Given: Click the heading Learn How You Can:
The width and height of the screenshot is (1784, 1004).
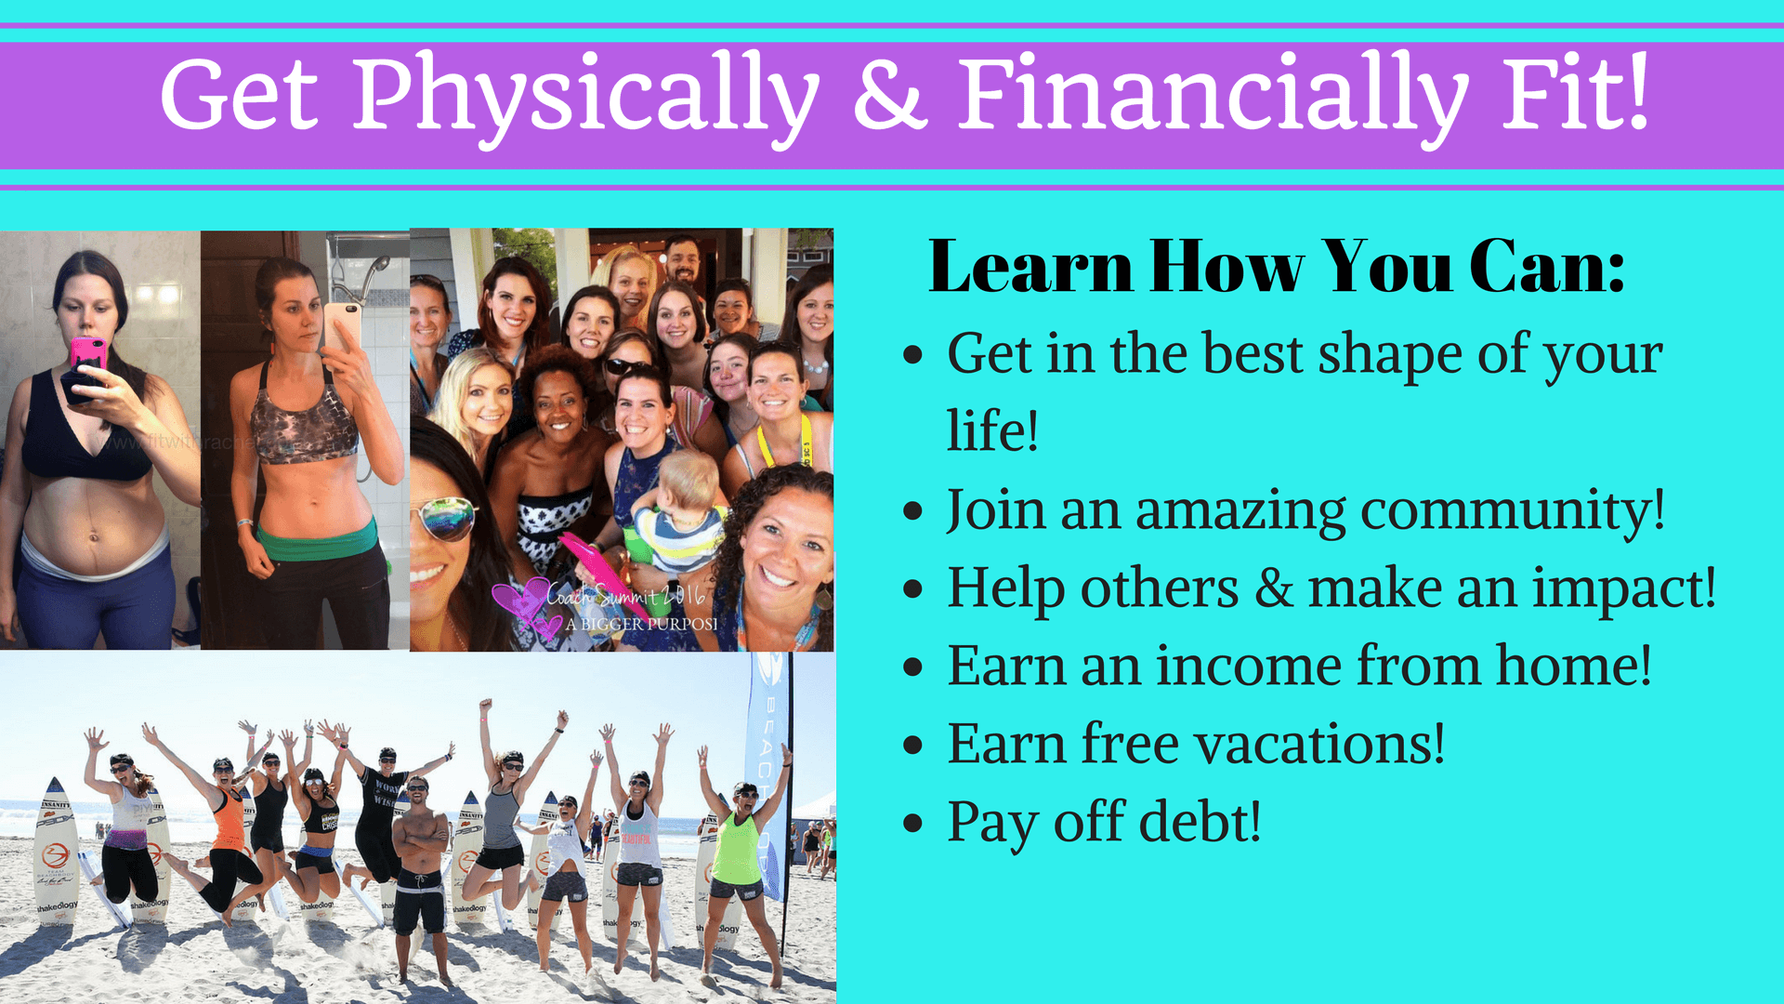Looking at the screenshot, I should pos(1277,267).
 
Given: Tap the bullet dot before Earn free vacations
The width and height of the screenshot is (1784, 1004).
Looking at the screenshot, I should pos(913,746).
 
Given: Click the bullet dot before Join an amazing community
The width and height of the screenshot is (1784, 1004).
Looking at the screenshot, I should pos(913,511).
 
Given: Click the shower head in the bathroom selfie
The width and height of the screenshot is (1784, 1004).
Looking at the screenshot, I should pos(374,270).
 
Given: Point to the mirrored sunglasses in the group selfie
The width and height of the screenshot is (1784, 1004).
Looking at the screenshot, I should pos(448,518).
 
